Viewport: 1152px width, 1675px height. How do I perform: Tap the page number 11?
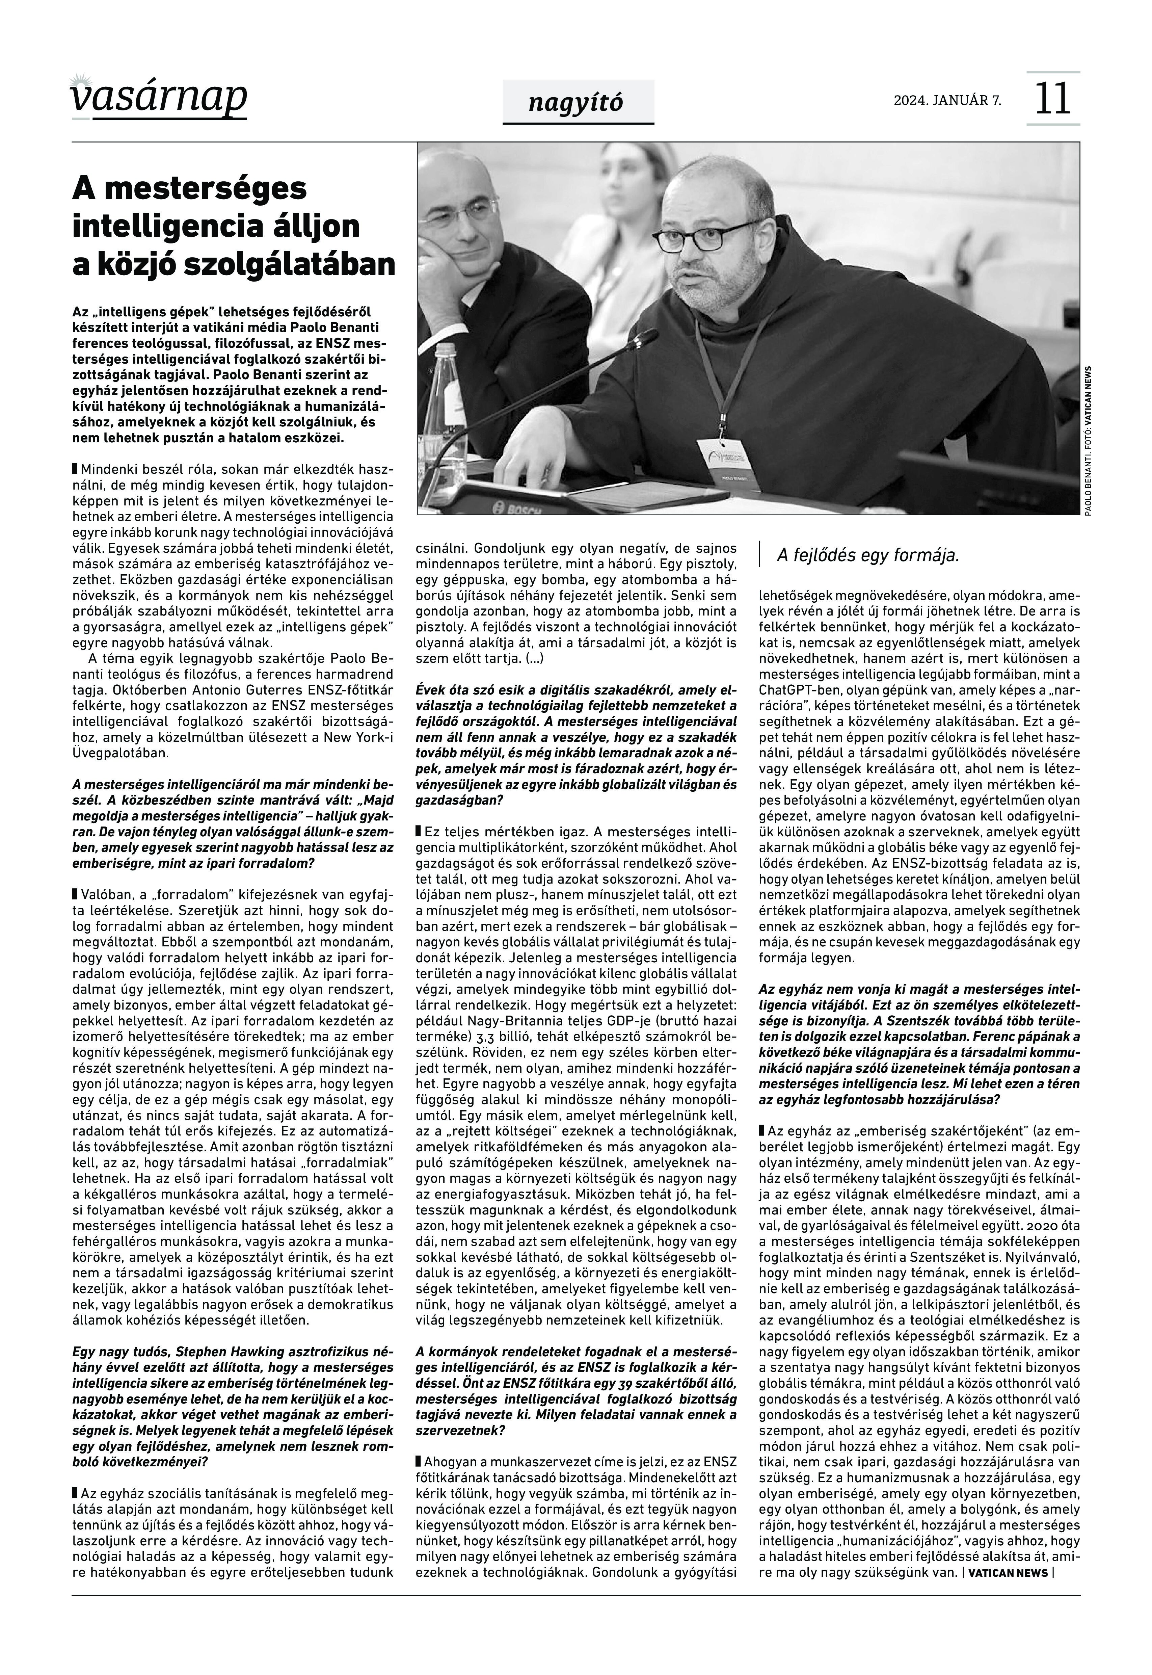click(1052, 99)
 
